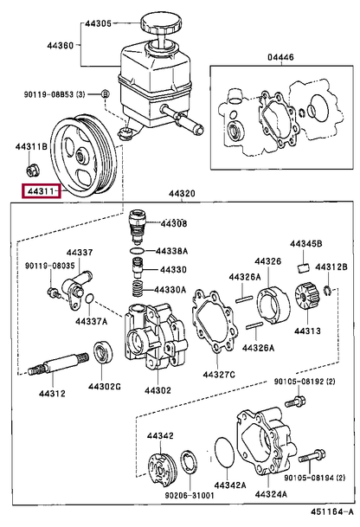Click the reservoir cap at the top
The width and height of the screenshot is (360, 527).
tap(162, 22)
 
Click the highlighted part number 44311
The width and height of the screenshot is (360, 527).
tap(41, 191)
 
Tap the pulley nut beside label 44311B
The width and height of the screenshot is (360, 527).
tap(32, 170)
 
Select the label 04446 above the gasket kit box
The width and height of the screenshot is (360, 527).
tap(280, 57)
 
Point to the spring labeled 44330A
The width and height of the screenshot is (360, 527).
tap(138, 289)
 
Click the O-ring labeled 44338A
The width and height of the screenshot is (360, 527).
tap(137, 251)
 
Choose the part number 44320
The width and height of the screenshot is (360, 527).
tap(182, 194)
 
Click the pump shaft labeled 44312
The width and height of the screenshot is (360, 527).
tap(58, 364)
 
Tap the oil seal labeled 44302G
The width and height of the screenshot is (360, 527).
tap(103, 351)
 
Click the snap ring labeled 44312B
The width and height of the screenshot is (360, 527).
tap(328, 292)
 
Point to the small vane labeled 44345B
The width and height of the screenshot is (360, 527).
tap(304, 268)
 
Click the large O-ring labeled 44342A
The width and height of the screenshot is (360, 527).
tap(224, 452)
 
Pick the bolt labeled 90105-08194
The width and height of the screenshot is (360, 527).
tap(312, 455)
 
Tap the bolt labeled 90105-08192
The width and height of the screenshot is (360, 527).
tap(295, 401)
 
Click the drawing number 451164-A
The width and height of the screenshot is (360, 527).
tap(331, 512)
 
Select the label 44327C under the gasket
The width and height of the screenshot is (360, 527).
tap(218, 374)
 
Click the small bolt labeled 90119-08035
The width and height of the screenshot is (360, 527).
tap(53, 292)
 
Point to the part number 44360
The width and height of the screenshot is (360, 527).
tap(60, 45)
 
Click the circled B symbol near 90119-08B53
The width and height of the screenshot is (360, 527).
tap(106, 94)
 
